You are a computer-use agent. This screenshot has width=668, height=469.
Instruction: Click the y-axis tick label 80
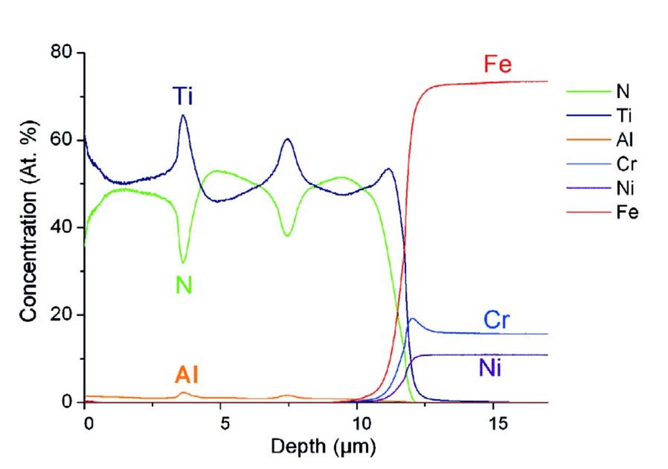point(61,53)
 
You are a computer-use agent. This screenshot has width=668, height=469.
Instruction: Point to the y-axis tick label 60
point(61,140)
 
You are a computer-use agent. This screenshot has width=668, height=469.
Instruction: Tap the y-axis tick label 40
point(61,227)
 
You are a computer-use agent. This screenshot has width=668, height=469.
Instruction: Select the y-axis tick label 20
point(61,315)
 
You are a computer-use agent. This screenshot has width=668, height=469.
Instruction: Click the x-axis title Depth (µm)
point(323,446)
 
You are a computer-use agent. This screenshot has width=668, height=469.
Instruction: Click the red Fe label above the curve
point(497,66)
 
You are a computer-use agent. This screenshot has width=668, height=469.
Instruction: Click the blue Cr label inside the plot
point(496,321)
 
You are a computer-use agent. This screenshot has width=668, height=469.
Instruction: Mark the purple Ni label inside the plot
point(489,368)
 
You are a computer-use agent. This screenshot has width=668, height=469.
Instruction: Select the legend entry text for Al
point(626,140)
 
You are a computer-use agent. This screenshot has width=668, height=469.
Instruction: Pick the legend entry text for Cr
point(627,164)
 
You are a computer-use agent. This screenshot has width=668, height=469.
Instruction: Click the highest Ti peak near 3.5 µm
point(183,115)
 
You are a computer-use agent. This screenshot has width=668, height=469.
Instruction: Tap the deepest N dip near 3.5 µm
point(183,263)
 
